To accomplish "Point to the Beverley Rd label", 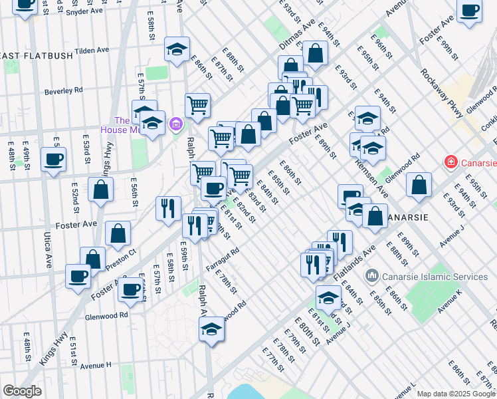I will [64, 90].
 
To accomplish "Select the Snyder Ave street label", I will [85, 11].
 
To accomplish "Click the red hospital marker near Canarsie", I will [450, 162].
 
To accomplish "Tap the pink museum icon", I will [176, 123].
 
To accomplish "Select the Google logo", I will [22, 391].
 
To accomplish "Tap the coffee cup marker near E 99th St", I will [470, 11].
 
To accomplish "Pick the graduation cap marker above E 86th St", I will [177, 50].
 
